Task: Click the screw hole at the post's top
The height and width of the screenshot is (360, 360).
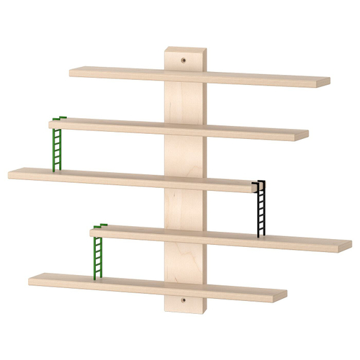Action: (x=183, y=61)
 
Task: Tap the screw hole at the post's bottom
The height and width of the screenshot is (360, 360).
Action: (x=183, y=299)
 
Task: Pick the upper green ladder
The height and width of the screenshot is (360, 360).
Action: (x=56, y=148)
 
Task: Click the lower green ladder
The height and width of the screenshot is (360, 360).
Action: (x=98, y=251)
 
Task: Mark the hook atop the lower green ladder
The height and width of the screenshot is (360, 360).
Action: (x=100, y=225)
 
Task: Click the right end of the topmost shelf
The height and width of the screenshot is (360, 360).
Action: (x=328, y=81)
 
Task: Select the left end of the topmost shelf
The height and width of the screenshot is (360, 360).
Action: (x=71, y=72)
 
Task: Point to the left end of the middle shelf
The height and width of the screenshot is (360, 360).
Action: (x=10, y=174)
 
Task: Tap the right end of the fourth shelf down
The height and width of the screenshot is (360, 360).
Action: (x=350, y=245)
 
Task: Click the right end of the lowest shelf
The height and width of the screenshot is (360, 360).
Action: (x=285, y=294)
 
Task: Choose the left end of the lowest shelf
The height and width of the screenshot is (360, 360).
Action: (x=30, y=279)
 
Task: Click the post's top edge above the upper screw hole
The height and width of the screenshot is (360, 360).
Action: (x=185, y=49)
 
